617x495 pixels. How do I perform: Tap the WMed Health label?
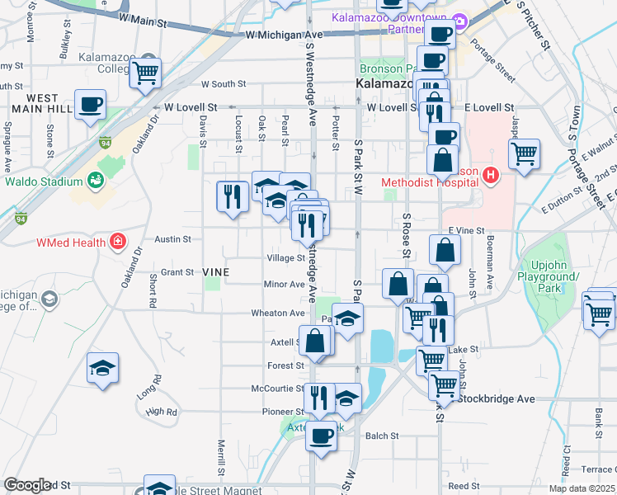click(x=71, y=243)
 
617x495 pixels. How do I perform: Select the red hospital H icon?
click(x=492, y=175)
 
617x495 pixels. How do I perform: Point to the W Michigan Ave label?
click(x=284, y=35)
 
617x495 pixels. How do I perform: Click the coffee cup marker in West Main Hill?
click(x=91, y=106)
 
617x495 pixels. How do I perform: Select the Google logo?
click(x=27, y=485)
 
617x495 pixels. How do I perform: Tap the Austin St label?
click(x=174, y=239)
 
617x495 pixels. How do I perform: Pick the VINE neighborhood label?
click(x=214, y=271)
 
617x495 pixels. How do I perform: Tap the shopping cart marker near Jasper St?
click(x=525, y=153)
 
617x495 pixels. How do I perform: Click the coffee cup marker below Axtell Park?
click(x=321, y=435)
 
